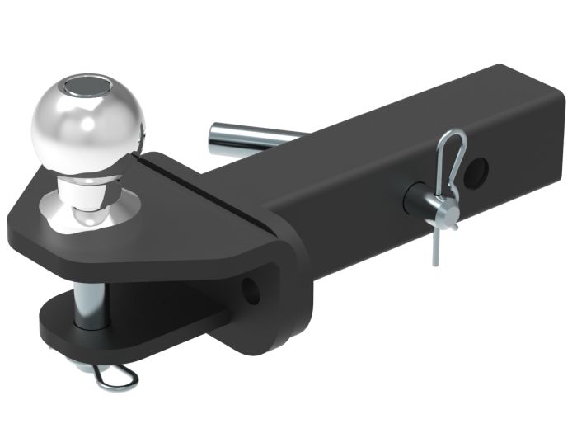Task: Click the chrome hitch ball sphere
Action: pyautogui.click(x=88, y=124)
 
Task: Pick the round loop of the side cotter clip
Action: pyautogui.click(x=452, y=148)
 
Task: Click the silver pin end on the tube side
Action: pyautogui.click(x=415, y=199)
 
